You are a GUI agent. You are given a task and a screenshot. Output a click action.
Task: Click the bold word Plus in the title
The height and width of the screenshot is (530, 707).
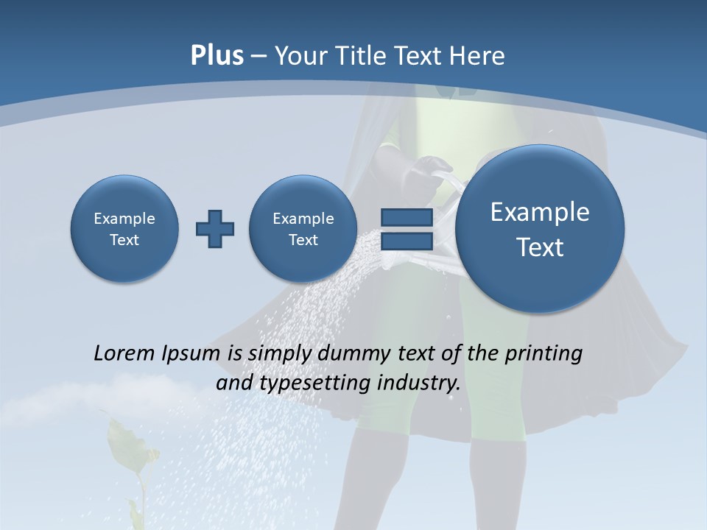217,56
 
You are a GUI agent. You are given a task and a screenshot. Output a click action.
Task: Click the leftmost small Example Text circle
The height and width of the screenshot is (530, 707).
124,229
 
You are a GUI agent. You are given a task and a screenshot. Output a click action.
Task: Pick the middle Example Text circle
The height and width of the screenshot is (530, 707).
303,229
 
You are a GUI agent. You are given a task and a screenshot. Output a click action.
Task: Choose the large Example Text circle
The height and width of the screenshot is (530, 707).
540,229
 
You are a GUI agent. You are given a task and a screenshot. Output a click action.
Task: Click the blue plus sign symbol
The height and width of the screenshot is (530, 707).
215,229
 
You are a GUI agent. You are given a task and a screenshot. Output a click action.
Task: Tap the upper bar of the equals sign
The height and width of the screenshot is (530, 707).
407,217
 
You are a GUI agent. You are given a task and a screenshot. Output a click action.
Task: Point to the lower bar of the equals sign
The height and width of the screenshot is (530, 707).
407,241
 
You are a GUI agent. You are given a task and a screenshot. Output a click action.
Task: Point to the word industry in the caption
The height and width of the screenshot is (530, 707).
418,384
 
